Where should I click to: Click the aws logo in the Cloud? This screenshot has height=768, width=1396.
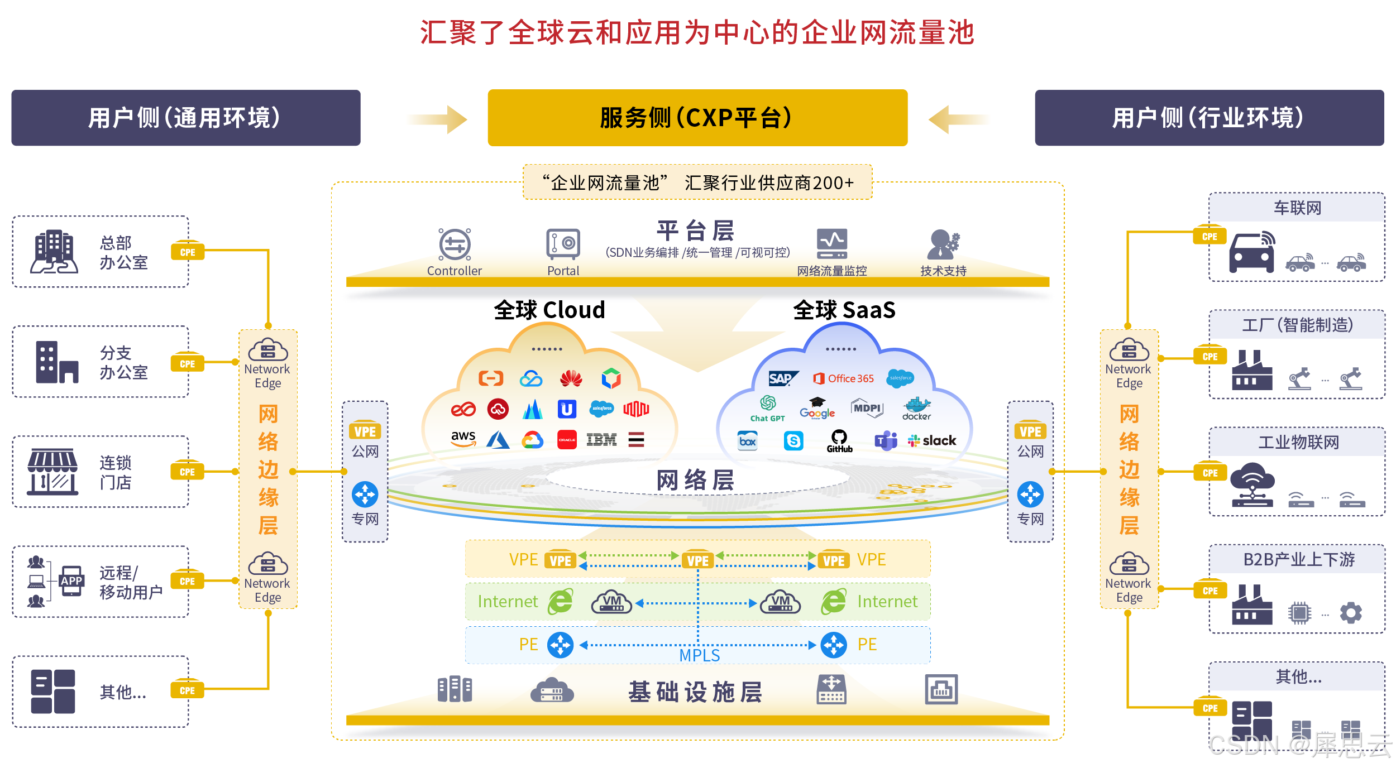click(x=463, y=439)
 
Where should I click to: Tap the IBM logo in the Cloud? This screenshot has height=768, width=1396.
click(x=601, y=440)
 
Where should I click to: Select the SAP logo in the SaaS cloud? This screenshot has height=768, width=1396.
click(x=782, y=378)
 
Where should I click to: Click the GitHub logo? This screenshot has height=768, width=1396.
click(x=839, y=440)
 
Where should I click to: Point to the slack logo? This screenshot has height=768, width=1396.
click(x=932, y=441)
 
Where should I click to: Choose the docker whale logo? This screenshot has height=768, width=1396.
click(x=916, y=409)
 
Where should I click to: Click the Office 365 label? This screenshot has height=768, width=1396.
click(x=844, y=378)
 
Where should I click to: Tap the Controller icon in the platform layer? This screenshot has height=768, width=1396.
click(x=455, y=244)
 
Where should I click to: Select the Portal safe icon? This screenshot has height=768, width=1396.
click(x=563, y=244)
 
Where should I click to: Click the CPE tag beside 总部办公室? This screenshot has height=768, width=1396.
click(x=188, y=252)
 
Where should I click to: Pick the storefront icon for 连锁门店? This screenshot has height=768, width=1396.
click(x=52, y=472)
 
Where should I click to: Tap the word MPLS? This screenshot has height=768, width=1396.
click(x=699, y=655)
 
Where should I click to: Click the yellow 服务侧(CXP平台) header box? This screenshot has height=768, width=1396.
click(x=697, y=118)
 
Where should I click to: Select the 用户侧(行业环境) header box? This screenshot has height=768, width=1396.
click(x=1209, y=118)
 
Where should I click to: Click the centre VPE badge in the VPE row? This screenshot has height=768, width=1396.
click(x=697, y=560)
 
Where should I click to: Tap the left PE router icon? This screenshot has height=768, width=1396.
click(x=560, y=645)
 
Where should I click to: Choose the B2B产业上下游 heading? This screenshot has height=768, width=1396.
click(x=1298, y=559)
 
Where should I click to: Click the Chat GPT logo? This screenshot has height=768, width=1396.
click(x=768, y=409)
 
